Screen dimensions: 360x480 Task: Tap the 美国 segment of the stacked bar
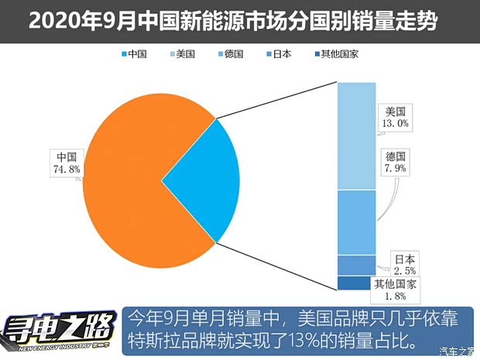[x=355, y=135]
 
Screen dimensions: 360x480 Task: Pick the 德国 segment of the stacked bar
[x=355, y=222]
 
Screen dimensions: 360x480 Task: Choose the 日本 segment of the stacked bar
[x=355, y=265]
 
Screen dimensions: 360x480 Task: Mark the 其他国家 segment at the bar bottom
[x=355, y=283]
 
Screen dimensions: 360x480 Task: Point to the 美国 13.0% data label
[x=395, y=115]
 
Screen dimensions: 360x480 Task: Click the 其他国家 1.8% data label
[x=396, y=290]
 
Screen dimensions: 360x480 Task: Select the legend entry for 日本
[x=277, y=54]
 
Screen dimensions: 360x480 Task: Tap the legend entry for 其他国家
[x=335, y=54]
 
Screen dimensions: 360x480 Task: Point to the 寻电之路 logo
[x=58, y=329]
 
